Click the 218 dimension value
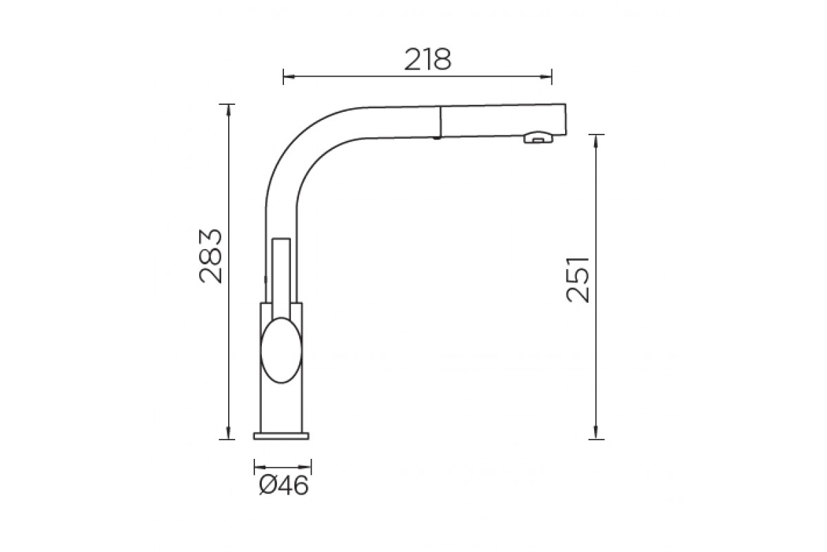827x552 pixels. click(x=427, y=59)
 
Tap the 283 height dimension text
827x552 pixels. click(x=211, y=256)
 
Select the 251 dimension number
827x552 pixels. click(x=578, y=279)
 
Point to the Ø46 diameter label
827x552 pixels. click(x=283, y=486)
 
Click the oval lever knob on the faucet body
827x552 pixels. click(x=281, y=350)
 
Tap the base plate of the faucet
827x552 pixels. click(x=281, y=436)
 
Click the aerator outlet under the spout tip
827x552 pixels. click(x=538, y=138)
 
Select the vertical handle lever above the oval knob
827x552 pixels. click(x=281, y=278)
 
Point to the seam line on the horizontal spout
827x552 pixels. click(x=440, y=122)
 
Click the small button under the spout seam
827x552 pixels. click(x=437, y=138)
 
